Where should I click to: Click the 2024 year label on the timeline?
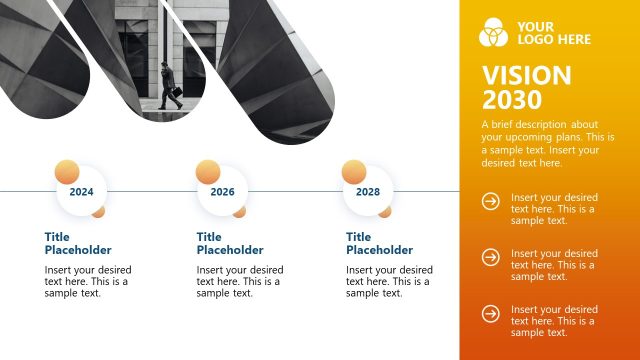coord(81,191)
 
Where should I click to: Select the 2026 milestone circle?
coord(223,191)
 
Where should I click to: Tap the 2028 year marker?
coord(368,191)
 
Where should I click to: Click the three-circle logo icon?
coord(494,32)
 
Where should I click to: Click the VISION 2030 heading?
coord(526,88)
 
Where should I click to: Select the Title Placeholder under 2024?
coord(78,243)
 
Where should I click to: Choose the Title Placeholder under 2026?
coord(230,243)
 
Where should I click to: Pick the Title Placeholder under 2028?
coord(379,243)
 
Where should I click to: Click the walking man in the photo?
coord(167,86)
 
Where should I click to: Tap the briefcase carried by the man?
coord(176,94)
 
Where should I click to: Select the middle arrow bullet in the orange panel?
coord(491,258)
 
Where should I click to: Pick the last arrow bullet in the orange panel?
coord(491,314)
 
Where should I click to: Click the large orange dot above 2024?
coord(65,170)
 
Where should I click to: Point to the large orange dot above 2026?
coord(208,170)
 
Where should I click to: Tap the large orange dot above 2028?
coord(354,170)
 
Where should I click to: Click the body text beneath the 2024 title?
coord(88,281)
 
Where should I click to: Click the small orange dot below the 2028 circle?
coord(385,211)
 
